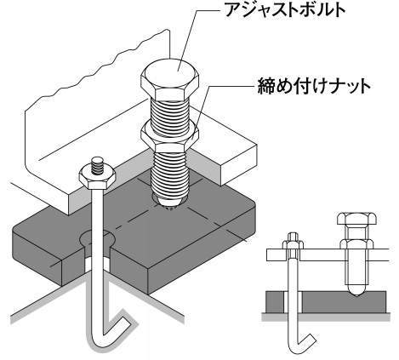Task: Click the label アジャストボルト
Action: pos(285,10)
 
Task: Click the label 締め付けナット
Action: pos(314,86)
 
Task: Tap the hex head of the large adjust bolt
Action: pos(170,78)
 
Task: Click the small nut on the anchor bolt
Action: pos(97,178)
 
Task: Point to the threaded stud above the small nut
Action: pos(98,164)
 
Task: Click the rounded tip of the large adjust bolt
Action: pos(169,201)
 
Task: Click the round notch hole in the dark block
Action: pos(97,239)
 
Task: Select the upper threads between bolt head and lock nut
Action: pos(170,113)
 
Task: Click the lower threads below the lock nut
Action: pos(169,173)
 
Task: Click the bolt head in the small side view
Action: pos(356,219)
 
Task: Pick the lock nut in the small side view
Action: pos(356,244)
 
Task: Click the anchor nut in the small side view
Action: pos(293,244)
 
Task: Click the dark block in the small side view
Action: pos(326,302)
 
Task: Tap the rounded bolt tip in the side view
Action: pos(356,291)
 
